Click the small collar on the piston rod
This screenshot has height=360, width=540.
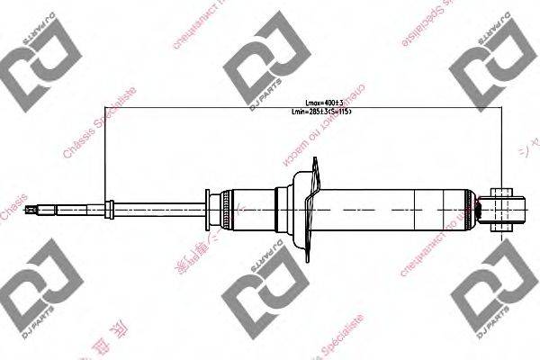[109, 209]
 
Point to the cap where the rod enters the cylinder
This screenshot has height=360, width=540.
[211, 209]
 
